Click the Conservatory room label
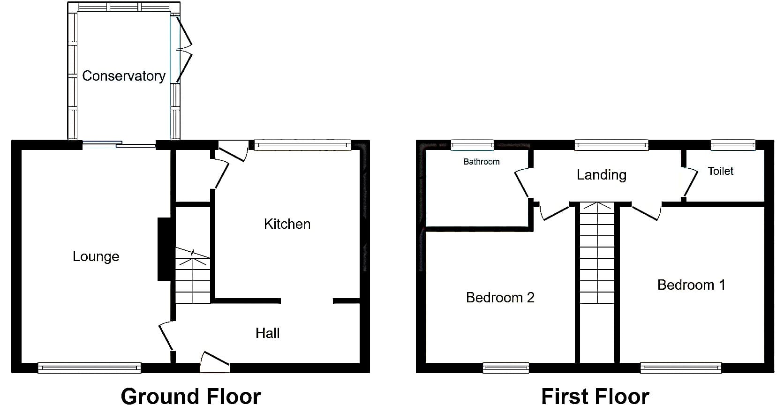(123, 76)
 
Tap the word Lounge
(96, 256)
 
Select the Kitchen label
(287, 224)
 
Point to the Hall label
(267, 333)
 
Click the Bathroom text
(481, 162)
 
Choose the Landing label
(601, 175)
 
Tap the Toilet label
(720, 171)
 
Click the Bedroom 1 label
(691, 285)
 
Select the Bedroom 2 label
(500, 298)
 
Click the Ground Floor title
(191, 397)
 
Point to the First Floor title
(595, 397)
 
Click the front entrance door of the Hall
(215, 362)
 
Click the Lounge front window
(89, 368)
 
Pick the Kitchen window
(302, 145)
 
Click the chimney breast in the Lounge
(164, 249)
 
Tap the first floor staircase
(597, 253)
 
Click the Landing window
(611, 145)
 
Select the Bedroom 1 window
(681, 368)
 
